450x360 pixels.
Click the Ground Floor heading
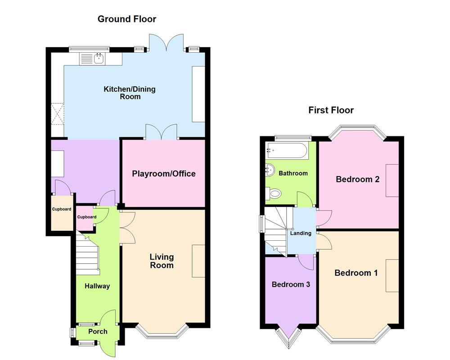(x=127, y=19)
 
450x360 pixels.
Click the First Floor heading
(x=331, y=110)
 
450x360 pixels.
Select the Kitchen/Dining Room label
(x=130, y=93)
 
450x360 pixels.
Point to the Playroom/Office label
(x=164, y=174)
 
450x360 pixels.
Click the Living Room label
(x=162, y=261)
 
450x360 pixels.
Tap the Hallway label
(x=97, y=286)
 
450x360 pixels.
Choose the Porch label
(x=98, y=332)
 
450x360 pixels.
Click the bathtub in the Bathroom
(x=286, y=150)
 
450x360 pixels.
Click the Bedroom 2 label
(x=358, y=180)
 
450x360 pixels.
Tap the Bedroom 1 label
(x=356, y=273)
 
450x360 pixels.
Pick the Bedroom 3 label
(x=291, y=284)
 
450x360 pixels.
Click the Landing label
(x=300, y=233)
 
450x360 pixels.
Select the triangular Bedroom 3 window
(x=289, y=337)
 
